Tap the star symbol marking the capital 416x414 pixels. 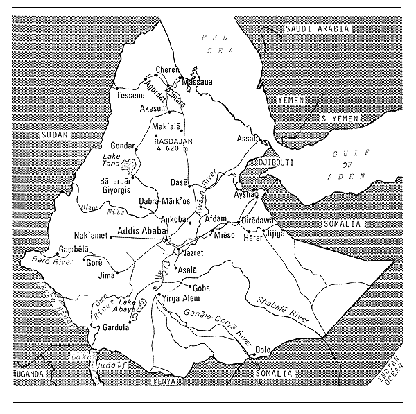[166, 240]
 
